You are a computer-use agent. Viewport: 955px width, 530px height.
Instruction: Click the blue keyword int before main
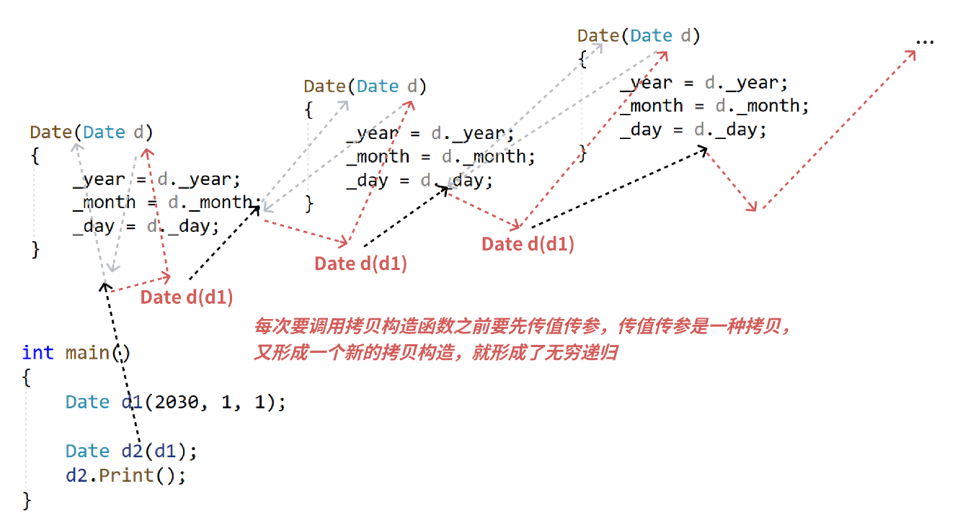point(37,353)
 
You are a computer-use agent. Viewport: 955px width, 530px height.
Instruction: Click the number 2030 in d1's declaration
point(176,402)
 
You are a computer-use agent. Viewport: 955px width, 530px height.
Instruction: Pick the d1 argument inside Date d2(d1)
point(165,452)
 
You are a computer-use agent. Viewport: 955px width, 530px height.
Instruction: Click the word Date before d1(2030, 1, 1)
point(87,402)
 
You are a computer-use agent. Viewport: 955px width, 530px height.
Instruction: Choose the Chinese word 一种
point(723,327)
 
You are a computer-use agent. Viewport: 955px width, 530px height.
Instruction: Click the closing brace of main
point(27,500)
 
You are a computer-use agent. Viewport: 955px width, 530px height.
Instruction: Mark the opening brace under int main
point(27,377)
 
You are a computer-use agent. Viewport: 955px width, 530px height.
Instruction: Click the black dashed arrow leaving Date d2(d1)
point(123,360)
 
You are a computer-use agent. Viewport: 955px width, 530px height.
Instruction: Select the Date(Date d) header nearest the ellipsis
point(639,36)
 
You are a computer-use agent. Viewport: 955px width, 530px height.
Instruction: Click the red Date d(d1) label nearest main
point(187,297)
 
